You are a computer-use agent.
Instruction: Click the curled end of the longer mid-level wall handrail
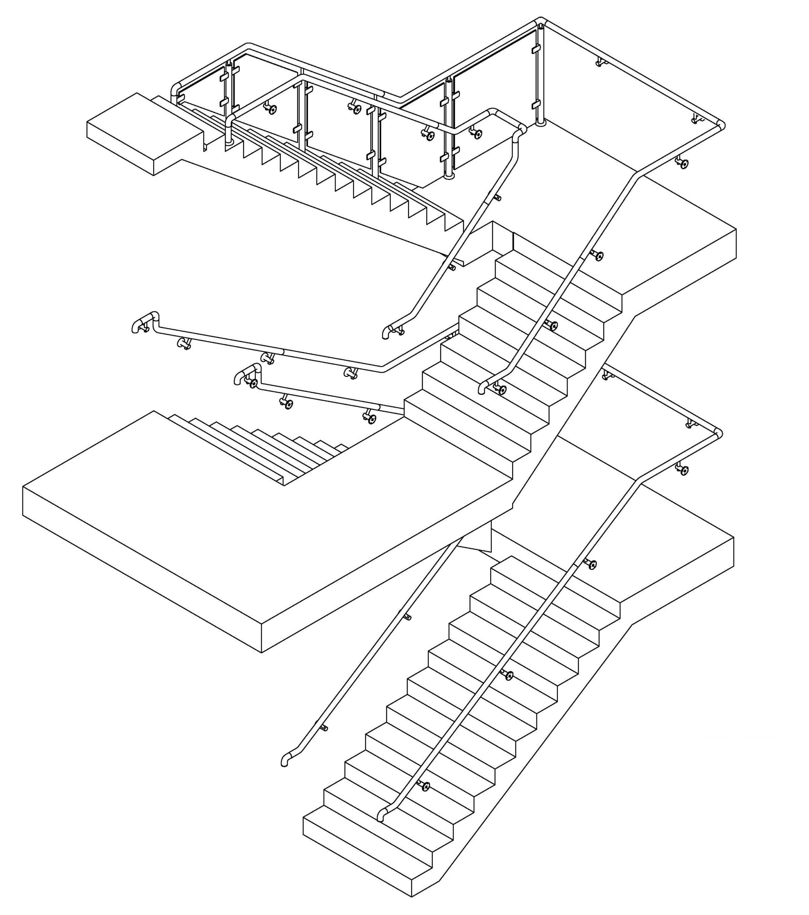tap(136, 327)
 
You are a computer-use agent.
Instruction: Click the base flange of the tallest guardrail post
tap(541, 123)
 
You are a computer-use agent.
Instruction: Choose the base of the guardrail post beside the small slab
tap(229, 142)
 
